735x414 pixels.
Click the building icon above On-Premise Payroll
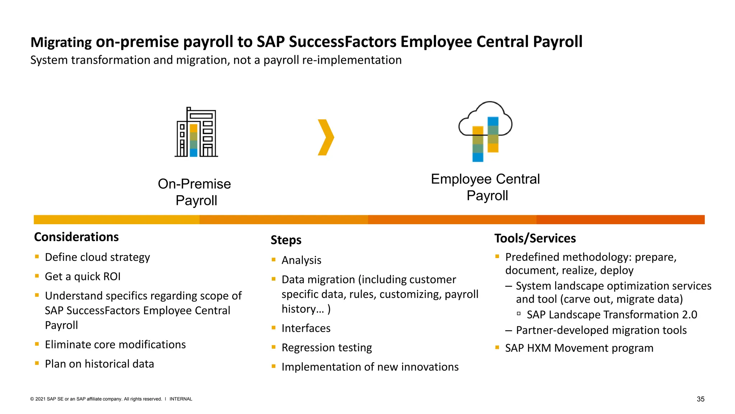pyautogui.click(x=196, y=133)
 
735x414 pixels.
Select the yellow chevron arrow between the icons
pyautogui.click(x=326, y=137)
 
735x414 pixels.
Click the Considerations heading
pyautogui.click(x=76, y=237)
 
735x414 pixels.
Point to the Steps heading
pyautogui.click(x=286, y=240)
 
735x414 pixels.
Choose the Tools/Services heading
pyautogui.click(x=535, y=239)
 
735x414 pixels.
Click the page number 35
pyautogui.click(x=700, y=399)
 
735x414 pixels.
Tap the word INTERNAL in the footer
pyautogui.click(x=181, y=399)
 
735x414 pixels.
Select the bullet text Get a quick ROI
pyautogui.click(x=83, y=277)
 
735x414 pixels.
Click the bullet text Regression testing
pyautogui.click(x=327, y=348)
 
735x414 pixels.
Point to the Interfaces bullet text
pyautogui.click(x=306, y=328)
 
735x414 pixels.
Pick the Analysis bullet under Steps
pyautogui.click(x=301, y=260)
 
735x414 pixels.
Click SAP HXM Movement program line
pyautogui.click(x=579, y=348)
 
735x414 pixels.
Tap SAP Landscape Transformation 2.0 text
pyautogui.click(x=612, y=315)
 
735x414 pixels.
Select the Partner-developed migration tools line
pyautogui.click(x=601, y=330)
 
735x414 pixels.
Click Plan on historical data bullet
pyautogui.click(x=99, y=364)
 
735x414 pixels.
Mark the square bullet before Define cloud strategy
pyautogui.click(x=37, y=257)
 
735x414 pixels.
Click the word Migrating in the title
pyautogui.click(x=61, y=42)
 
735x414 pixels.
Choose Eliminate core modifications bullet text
pyautogui.click(x=115, y=345)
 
